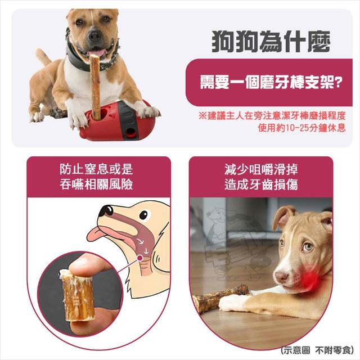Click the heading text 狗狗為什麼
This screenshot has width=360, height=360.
271,42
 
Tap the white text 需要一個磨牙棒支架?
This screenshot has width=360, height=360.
271,82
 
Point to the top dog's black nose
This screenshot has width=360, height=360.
94,35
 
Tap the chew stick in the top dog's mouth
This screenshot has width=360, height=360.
95,87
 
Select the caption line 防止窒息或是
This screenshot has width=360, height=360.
96,169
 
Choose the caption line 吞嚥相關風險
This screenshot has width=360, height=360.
96,184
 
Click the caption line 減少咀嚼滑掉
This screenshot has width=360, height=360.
261,169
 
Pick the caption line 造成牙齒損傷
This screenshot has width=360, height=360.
261,184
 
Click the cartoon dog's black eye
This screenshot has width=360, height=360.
143,215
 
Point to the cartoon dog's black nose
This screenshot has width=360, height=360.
105,210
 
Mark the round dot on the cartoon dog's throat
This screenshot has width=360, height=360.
139,259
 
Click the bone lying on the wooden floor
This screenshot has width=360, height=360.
222,299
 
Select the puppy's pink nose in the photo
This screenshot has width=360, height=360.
282,277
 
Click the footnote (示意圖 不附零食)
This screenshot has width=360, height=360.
317,350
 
